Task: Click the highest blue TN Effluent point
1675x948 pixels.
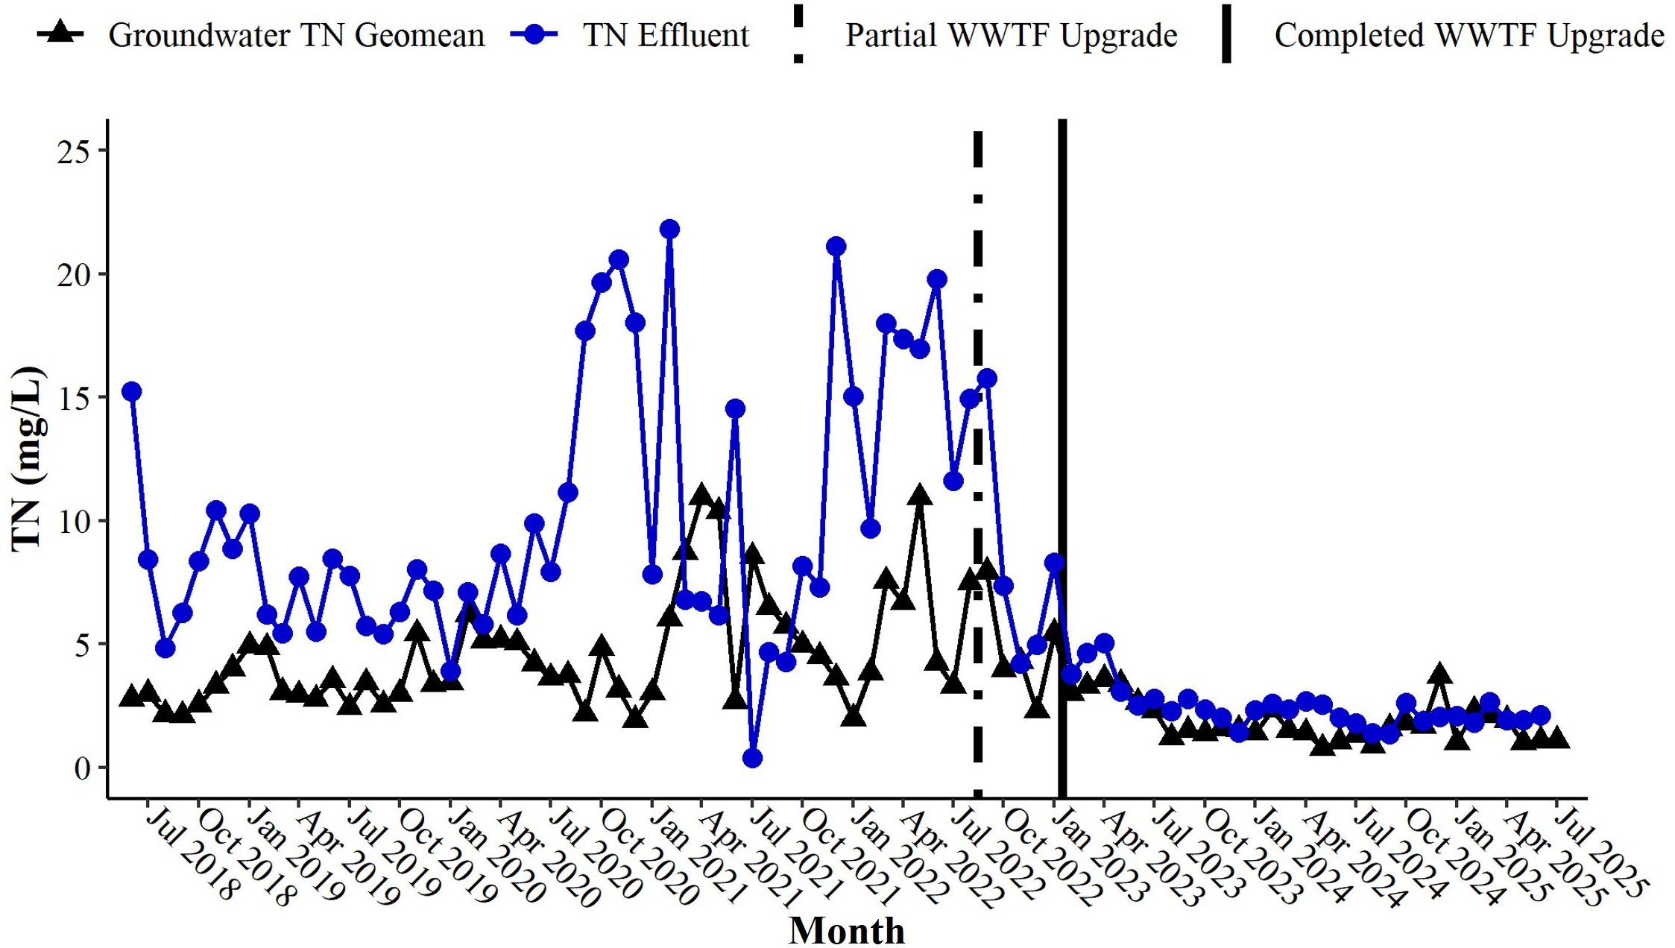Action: (x=669, y=229)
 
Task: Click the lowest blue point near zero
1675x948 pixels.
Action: (x=752, y=758)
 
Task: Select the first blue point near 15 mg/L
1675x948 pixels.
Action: (x=132, y=391)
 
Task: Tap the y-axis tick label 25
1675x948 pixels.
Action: (x=72, y=152)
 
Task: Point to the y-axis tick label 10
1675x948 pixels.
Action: (x=72, y=521)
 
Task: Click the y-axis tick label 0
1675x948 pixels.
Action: (x=81, y=768)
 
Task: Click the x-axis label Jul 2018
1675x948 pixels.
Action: (x=192, y=854)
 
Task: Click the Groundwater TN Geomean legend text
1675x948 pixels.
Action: (x=296, y=35)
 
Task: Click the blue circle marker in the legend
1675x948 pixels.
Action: (x=534, y=35)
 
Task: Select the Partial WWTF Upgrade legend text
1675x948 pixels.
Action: (x=1010, y=35)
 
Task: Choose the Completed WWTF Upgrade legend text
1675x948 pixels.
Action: (x=1468, y=35)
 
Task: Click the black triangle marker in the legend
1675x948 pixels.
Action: (x=60, y=34)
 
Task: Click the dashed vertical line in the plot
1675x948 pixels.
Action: (x=977, y=447)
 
